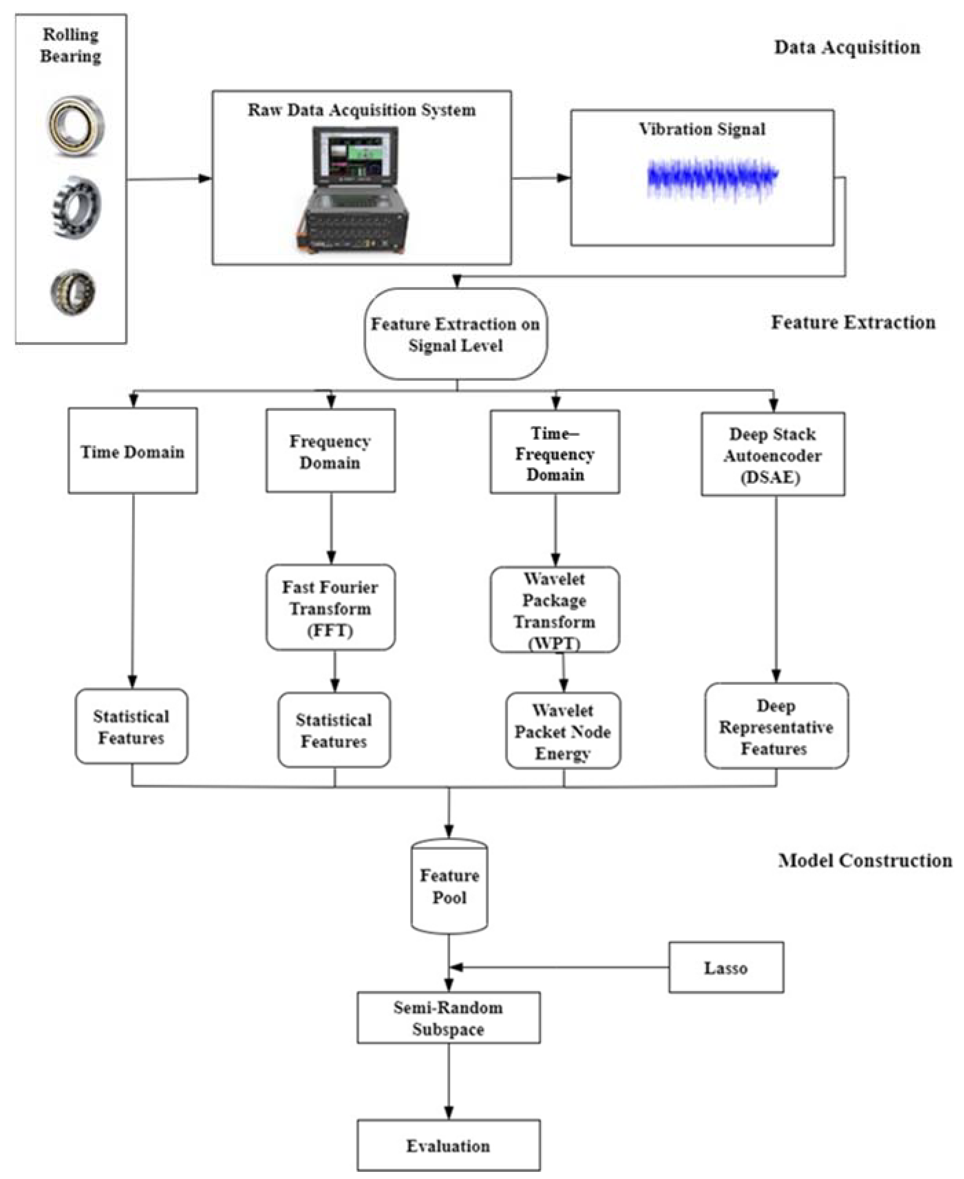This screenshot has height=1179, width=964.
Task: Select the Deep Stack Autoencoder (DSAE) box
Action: (772, 454)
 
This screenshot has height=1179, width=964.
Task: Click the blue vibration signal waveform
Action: (713, 178)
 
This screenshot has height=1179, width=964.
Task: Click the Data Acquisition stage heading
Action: (847, 47)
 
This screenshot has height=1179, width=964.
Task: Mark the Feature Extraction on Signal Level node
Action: (456, 334)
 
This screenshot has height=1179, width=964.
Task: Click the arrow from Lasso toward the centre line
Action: (555, 967)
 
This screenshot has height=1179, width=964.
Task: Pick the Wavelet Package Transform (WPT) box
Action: (554, 610)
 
